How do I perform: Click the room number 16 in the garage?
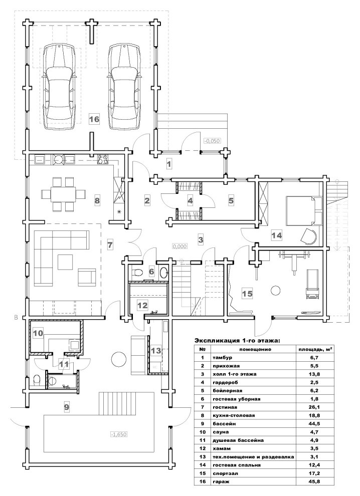pyautogui.click(x=94, y=119)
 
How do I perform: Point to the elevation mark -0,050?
pyautogui.click(x=212, y=141)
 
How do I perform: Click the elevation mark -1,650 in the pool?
pyautogui.click(x=119, y=434)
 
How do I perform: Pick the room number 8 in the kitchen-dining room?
pyautogui.click(x=97, y=200)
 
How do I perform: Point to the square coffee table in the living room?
pyautogui.click(x=66, y=262)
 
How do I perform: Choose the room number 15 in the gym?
pyautogui.click(x=247, y=293)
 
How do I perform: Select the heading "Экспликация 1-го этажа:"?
pyautogui.click(x=237, y=341)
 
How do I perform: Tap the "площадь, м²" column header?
pyautogui.click(x=315, y=349)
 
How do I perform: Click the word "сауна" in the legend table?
pyautogui.click(x=221, y=432)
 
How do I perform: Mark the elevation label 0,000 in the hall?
pyautogui.click(x=180, y=246)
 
